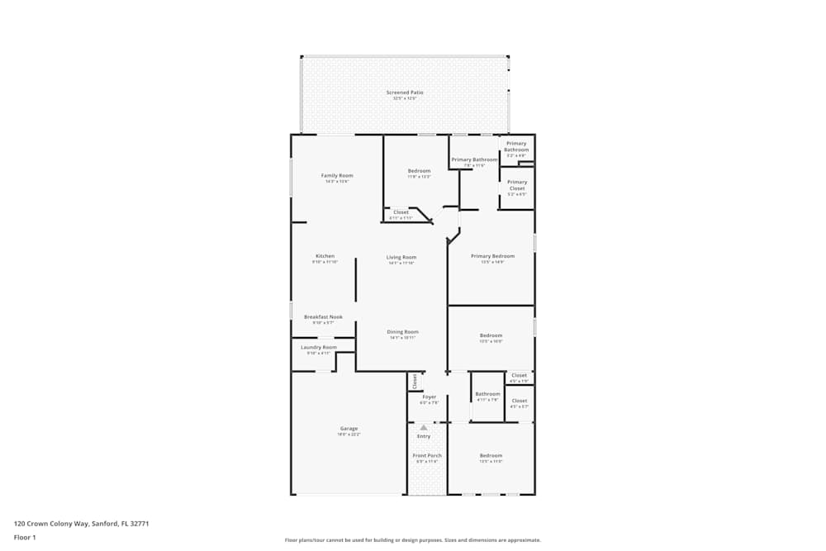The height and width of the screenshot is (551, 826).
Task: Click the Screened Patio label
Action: tap(405, 93)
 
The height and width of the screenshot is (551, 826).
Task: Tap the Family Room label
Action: tap(337, 175)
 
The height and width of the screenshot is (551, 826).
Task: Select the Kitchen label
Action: tap(325, 256)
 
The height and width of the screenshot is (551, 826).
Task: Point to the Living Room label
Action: tap(401, 257)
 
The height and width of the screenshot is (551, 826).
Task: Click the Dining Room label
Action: tap(403, 332)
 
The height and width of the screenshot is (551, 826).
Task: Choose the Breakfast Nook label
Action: tap(323, 316)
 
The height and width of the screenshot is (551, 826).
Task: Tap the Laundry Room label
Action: tap(319, 347)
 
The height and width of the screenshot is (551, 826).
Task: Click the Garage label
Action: tap(349, 429)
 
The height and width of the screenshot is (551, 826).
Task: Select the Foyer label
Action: tap(429, 397)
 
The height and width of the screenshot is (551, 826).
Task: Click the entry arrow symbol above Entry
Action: tap(424, 427)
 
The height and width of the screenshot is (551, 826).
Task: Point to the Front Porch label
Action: tap(427, 455)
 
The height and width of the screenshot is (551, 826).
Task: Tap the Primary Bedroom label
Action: tap(492, 256)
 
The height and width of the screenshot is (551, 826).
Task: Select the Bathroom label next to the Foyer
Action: tap(487, 394)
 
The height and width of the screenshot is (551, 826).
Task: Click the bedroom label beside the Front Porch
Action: tap(491, 455)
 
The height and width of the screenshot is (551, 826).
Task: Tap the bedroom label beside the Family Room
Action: tap(419, 171)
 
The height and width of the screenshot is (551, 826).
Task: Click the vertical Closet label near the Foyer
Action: tap(415, 381)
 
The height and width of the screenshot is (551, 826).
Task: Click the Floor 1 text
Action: tap(25, 537)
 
